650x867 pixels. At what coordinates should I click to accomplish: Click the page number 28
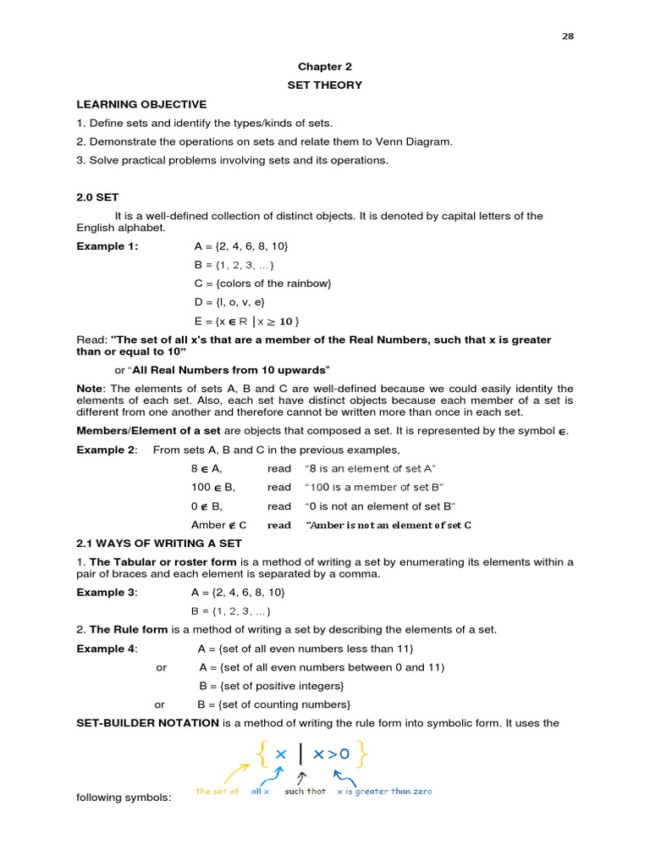(x=568, y=36)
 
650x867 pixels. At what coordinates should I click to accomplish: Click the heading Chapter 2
(x=324, y=66)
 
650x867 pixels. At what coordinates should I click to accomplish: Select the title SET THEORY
(x=324, y=85)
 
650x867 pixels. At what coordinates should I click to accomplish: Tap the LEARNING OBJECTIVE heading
(x=141, y=104)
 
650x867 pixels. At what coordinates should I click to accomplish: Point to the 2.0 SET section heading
(x=97, y=197)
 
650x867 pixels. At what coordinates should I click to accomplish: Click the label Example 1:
(x=107, y=246)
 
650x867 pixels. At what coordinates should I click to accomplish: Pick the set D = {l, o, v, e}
(x=229, y=302)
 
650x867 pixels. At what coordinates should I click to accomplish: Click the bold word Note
(x=89, y=388)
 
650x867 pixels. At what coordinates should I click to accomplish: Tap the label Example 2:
(x=106, y=450)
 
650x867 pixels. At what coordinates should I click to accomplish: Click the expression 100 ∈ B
(x=213, y=487)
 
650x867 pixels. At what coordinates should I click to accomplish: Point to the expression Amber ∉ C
(x=218, y=524)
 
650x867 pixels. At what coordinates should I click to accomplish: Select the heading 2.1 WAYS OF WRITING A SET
(x=159, y=543)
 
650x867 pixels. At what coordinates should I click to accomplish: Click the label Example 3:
(x=107, y=592)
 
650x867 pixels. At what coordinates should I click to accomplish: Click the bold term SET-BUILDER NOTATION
(x=148, y=723)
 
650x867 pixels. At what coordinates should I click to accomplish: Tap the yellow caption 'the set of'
(x=218, y=791)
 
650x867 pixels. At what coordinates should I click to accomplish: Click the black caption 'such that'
(x=305, y=791)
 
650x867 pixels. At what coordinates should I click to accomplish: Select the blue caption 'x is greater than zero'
(x=383, y=791)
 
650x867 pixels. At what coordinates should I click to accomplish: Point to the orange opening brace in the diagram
(x=261, y=754)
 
